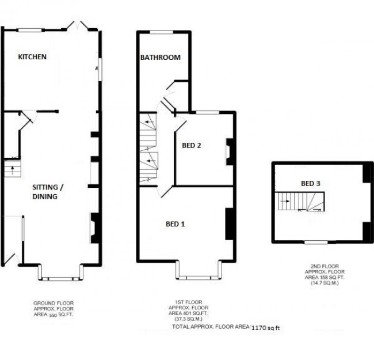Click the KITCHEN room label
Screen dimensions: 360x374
(32, 57)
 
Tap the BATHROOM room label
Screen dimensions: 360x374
(161, 58)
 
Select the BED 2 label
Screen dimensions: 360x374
(191, 146)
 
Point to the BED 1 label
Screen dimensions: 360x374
(175, 224)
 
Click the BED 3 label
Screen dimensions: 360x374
(311, 184)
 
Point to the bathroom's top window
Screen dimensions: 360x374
(163, 31)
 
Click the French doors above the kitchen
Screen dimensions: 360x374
(77, 26)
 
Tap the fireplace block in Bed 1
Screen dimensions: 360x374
(228, 223)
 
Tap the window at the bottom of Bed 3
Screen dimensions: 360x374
(315, 241)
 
